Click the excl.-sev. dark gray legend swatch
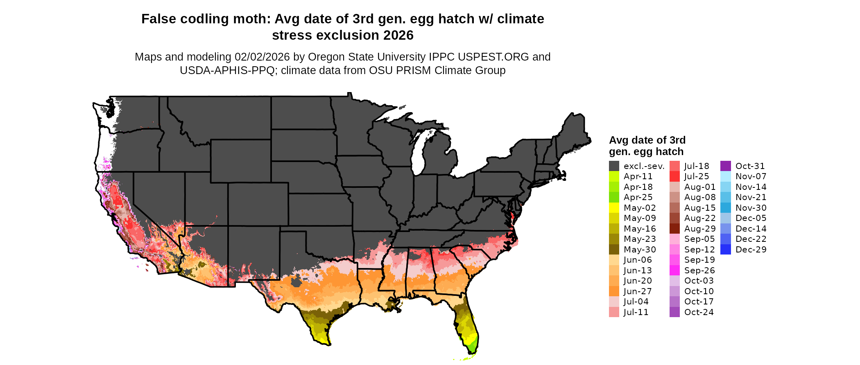point(614,166)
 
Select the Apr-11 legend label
point(638,176)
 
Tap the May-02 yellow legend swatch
point(614,208)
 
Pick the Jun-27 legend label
point(638,291)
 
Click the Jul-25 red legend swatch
point(674,176)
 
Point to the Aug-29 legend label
point(700,229)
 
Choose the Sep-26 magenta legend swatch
point(674,270)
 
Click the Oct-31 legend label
point(750,166)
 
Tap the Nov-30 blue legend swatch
point(725,208)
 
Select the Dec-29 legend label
point(751,250)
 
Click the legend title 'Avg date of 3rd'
point(647,140)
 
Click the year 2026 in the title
point(398,36)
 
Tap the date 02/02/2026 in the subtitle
point(262,57)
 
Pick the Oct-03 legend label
point(699,281)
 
